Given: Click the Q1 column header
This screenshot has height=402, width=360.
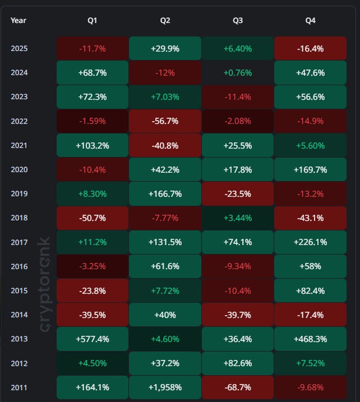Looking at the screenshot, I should tap(93, 21).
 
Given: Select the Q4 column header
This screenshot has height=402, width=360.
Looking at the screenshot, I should tap(310, 21).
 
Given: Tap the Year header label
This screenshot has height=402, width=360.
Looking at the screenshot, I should tap(19, 21).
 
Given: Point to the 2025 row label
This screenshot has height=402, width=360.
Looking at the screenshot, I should tap(19, 49).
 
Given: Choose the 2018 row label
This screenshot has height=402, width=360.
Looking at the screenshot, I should tap(19, 218).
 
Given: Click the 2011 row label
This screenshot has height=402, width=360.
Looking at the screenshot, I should tap(19, 387).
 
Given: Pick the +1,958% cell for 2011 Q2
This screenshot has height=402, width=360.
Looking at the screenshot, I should tap(165, 387).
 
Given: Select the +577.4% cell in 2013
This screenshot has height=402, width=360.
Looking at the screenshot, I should tap(93, 339).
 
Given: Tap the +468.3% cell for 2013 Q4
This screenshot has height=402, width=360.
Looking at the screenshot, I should tap(310, 339).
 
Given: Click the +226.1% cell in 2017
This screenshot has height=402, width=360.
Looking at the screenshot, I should tap(310, 242).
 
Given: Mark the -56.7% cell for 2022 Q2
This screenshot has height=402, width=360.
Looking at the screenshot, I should tap(165, 121).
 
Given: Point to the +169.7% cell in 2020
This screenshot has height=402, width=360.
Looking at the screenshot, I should tap(310, 170).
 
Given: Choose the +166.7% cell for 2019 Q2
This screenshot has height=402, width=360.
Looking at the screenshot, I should tap(165, 194).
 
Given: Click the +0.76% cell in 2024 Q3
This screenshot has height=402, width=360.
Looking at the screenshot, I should tap(238, 73).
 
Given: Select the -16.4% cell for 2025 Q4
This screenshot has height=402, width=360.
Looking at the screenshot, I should tap(310, 49).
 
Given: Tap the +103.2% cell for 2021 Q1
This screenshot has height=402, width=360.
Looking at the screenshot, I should tap(93, 146).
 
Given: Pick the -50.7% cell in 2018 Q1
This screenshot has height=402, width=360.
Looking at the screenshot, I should tap(93, 218).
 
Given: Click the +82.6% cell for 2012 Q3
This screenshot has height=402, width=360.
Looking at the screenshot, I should tap(238, 363).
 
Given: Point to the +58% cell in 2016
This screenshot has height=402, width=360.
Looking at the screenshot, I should tap(310, 266).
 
